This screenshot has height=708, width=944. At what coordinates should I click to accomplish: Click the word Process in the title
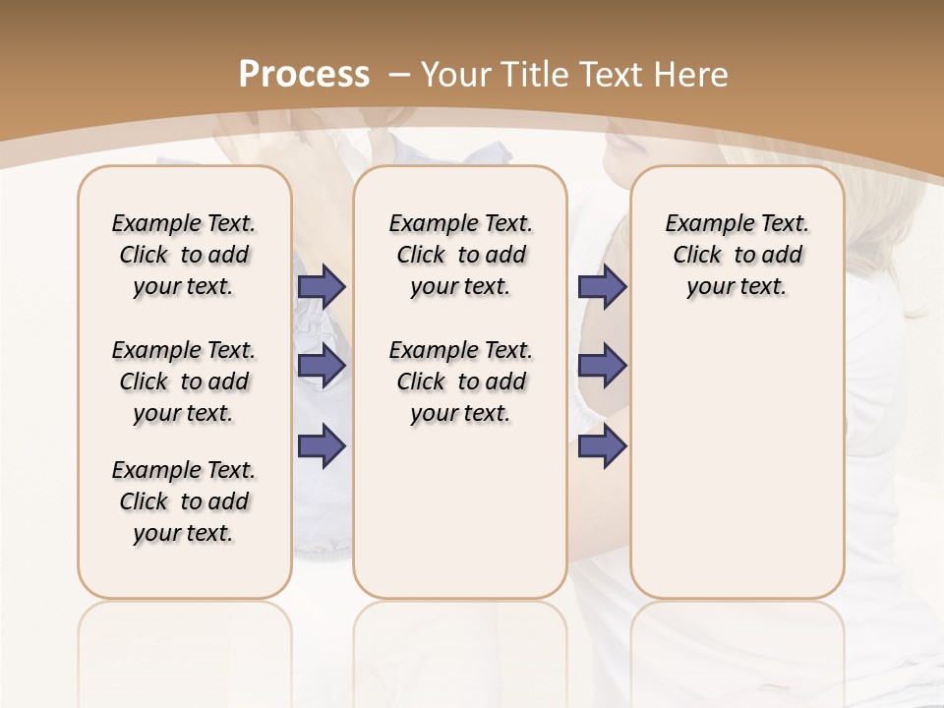pos(304,74)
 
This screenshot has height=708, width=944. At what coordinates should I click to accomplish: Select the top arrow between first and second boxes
pos(322,286)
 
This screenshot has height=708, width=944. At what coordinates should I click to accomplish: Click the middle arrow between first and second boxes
pos(322,366)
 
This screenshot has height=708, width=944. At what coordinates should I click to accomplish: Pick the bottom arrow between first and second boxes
pos(322,445)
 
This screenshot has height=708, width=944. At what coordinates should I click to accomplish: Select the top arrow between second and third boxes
pos(602,286)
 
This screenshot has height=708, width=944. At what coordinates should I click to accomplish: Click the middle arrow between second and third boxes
pos(602,366)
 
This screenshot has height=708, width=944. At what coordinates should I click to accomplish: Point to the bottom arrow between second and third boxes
pos(602,445)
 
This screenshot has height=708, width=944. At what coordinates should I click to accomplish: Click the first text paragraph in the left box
pos(184,255)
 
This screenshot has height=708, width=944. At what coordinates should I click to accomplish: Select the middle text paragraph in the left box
pos(184,382)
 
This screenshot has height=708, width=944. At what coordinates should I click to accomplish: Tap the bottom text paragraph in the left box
pos(184,501)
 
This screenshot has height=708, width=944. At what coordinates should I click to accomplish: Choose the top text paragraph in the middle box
pos(460,255)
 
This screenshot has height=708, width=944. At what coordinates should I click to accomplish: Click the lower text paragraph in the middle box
pos(460,382)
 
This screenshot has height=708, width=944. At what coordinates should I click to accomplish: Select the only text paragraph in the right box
pos(737,255)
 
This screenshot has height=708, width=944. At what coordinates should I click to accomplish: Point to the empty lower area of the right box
pos(737,472)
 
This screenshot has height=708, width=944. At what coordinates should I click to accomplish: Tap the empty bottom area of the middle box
pos(460,521)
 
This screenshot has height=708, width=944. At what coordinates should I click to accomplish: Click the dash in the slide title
pos(399,74)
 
